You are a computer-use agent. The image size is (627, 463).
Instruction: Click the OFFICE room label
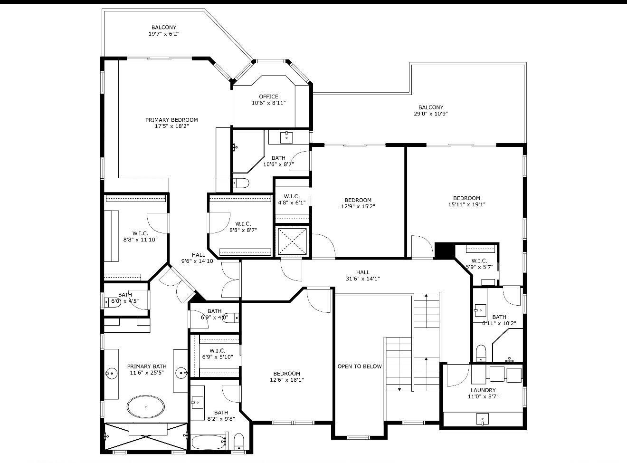[x=268, y=96]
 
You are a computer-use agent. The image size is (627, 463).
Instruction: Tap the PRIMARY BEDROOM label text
[x=171, y=120]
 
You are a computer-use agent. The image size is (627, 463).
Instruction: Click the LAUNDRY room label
[x=483, y=390]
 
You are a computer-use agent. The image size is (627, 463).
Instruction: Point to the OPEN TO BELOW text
[x=360, y=367]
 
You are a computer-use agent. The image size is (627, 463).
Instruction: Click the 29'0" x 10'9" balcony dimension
[x=430, y=114]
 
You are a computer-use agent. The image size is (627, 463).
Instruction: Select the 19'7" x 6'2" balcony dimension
[x=164, y=34]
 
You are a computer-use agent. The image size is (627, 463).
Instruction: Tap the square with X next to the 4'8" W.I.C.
[x=292, y=241]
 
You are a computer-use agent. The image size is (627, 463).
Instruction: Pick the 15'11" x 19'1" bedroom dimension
[x=466, y=205]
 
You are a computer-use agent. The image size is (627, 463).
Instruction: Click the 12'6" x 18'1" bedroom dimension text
[x=286, y=380]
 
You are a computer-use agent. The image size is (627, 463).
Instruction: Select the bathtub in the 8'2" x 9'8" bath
[x=209, y=442]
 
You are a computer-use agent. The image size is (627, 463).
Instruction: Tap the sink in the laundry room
[x=483, y=419]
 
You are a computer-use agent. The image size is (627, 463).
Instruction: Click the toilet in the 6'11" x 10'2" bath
[x=481, y=352]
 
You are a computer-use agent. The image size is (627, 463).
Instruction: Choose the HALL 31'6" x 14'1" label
[x=362, y=276]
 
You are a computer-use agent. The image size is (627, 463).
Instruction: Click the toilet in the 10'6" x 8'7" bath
[x=241, y=183]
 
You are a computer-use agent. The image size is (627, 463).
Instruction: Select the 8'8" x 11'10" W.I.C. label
[x=140, y=237]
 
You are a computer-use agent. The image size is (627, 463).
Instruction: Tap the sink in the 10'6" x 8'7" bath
[x=286, y=137]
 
